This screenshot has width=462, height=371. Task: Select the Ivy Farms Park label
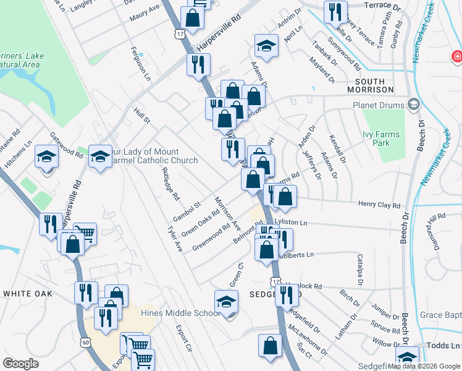coord(381,139)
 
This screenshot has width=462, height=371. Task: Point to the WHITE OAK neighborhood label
coord(28,294)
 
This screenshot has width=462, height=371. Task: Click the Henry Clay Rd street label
coord(379,205)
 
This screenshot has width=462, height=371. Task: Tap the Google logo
coord(21,364)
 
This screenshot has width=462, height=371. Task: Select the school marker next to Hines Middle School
coord(226,303)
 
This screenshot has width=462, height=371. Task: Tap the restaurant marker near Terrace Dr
coord(335,11)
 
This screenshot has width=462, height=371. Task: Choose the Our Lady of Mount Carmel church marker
coord(100,157)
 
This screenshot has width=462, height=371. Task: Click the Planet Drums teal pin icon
coord(413,104)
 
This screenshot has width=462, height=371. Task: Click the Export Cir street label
coord(183,339)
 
